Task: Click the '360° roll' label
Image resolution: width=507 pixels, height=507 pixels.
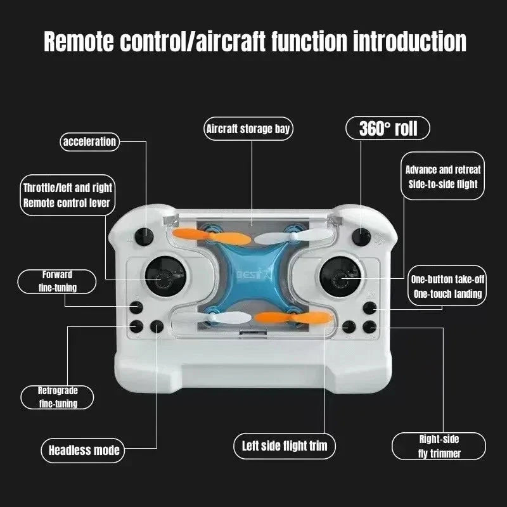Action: [x=388, y=129]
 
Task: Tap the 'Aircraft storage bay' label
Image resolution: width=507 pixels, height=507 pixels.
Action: [x=248, y=129]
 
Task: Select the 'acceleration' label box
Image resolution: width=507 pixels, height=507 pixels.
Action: [x=89, y=141]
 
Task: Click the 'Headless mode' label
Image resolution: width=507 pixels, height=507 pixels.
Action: [x=84, y=451]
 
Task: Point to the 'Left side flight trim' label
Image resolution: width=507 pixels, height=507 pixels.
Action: [x=285, y=446]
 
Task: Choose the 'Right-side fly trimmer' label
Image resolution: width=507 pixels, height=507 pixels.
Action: [x=439, y=446]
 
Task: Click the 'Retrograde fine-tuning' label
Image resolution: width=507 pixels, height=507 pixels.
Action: [x=58, y=397]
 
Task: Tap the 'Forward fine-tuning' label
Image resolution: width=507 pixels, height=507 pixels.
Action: [x=57, y=281]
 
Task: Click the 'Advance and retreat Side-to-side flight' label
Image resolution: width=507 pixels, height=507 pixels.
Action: [x=443, y=177]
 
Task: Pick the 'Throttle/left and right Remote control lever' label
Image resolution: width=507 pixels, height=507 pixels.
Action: [x=67, y=195]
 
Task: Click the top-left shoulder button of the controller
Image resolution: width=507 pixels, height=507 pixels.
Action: [x=145, y=238]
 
